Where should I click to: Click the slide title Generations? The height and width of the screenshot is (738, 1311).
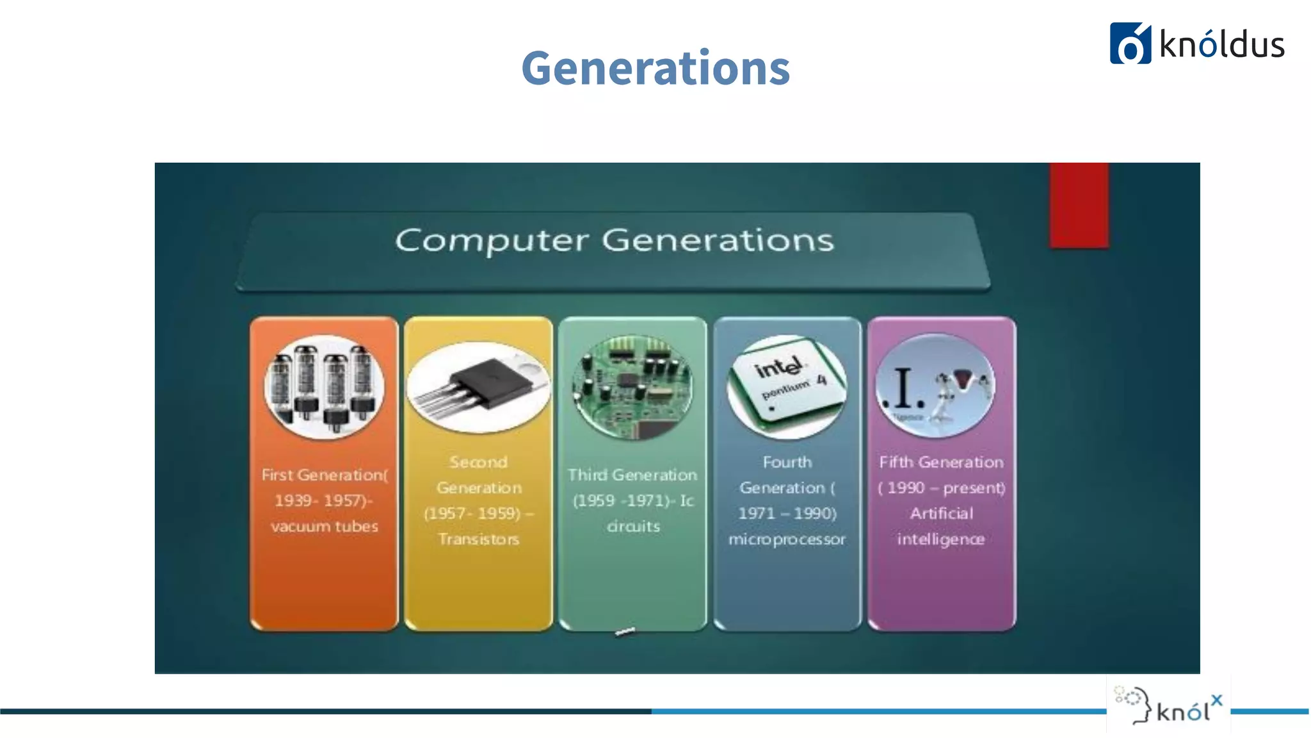(x=655, y=68)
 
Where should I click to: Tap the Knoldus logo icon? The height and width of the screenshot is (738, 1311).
(x=1130, y=44)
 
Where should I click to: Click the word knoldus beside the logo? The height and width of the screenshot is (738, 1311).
(x=1221, y=45)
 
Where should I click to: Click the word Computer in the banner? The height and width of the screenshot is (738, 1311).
(x=491, y=241)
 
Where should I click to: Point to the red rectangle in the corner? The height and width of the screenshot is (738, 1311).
(x=1079, y=205)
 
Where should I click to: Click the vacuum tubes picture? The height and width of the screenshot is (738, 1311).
(x=325, y=387)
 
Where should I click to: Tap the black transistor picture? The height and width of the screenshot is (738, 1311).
(x=479, y=387)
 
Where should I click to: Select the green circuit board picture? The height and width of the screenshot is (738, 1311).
(x=632, y=387)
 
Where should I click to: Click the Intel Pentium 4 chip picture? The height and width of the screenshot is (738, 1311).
(x=787, y=387)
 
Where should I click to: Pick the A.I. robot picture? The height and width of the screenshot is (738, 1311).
(x=935, y=387)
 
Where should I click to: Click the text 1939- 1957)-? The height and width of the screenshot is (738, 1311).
(x=324, y=500)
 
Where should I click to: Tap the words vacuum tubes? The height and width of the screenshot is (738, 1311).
(x=325, y=527)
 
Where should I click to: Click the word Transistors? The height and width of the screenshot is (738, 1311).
(x=479, y=539)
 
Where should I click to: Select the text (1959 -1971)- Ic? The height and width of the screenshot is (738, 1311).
(x=632, y=500)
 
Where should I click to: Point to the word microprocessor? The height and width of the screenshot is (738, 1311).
(x=787, y=539)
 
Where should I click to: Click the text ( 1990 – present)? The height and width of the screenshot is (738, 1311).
(x=941, y=488)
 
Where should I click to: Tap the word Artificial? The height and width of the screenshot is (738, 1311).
(x=941, y=514)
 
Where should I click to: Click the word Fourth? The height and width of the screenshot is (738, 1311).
(x=787, y=462)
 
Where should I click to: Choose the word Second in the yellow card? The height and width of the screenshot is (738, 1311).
(x=478, y=462)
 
